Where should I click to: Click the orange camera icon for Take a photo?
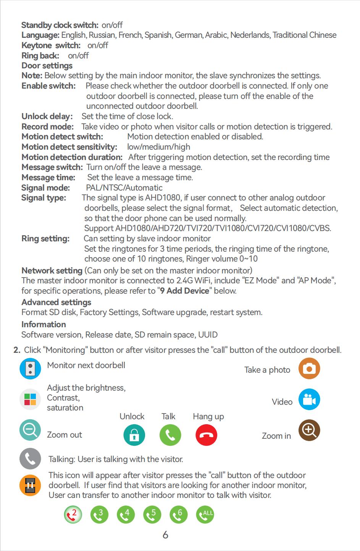309,368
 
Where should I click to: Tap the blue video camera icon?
309,400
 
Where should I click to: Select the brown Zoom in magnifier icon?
309,430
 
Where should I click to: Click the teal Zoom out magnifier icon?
30,430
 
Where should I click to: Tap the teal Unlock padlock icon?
134,435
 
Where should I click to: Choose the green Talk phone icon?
170,435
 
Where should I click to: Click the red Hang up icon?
206,435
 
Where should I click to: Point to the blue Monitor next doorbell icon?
30,368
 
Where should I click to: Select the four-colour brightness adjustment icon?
30,399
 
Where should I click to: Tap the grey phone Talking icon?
30,458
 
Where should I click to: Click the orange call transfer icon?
30,485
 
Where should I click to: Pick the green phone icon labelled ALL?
205,515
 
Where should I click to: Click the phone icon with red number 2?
73,515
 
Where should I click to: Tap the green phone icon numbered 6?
178,515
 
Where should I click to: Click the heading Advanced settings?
56,302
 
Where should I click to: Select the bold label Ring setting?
45,239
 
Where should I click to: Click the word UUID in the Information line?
208,335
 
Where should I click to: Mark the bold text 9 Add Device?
184,291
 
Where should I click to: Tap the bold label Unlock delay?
47,116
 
